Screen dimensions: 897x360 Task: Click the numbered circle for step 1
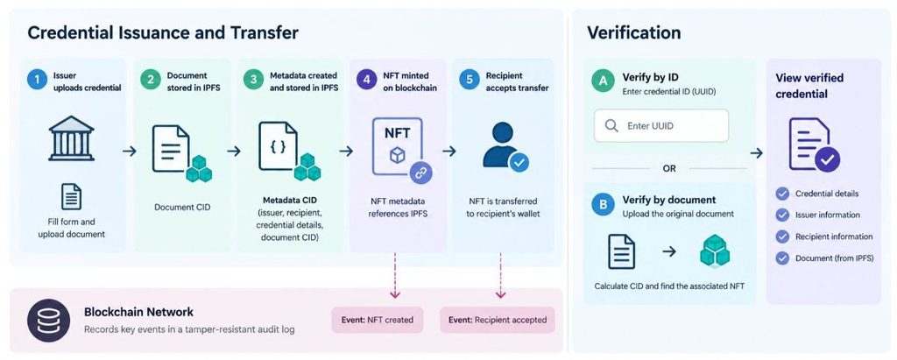(37, 80)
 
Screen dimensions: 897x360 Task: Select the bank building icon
(72, 138)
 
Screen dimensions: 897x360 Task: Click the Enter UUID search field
(661, 126)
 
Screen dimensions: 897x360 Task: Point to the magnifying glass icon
(611, 126)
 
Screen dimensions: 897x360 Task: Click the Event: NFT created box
(378, 320)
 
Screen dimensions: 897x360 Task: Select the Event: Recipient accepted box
(498, 320)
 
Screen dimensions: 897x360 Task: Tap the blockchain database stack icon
(49, 321)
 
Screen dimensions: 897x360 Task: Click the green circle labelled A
(603, 81)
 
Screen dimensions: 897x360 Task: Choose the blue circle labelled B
(603, 204)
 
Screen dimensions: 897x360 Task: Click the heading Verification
(634, 32)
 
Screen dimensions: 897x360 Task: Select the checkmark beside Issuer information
(782, 215)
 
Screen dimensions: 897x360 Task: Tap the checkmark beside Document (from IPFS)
(782, 258)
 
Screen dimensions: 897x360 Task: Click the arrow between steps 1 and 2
(130, 152)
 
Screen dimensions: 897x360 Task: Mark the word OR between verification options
(668, 169)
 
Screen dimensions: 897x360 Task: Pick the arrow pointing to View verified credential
(756, 152)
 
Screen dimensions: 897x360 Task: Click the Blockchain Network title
(138, 312)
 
